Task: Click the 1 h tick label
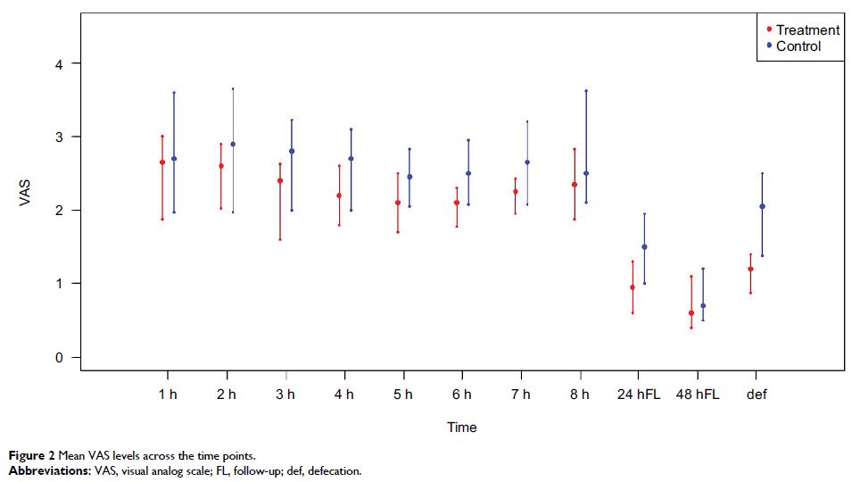(167, 394)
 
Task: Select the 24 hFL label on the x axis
(639, 394)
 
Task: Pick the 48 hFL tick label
(698, 394)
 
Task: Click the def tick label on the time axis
(757, 394)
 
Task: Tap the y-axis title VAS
(25, 194)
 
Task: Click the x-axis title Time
(461, 428)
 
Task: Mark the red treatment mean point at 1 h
(162, 162)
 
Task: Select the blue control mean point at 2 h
(233, 144)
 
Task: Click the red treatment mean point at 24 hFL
(633, 287)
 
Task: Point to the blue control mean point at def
(762, 206)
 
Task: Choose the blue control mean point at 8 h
(586, 173)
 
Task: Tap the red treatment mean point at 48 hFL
(691, 313)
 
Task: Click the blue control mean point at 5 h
(409, 177)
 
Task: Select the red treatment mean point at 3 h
(280, 180)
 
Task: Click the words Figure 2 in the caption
(26, 457)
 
